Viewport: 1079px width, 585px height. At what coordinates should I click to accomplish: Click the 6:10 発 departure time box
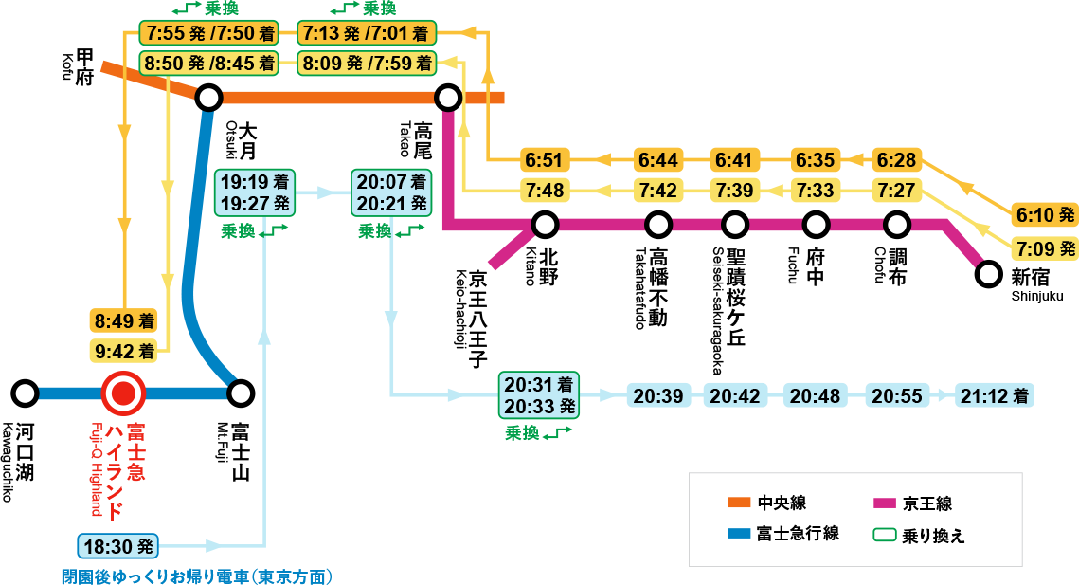[1045, 215]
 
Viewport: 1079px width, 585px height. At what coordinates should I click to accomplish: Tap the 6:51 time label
[544, 159]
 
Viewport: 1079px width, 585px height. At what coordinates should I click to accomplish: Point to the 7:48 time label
[544, 191]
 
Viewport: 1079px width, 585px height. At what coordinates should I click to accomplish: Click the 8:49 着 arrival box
[124, 320]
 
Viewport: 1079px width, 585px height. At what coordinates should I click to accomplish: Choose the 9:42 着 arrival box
[124, 351]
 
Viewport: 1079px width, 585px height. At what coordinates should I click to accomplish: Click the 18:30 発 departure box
[117, 546]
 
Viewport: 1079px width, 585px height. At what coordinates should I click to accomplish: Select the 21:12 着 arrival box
[994, 395]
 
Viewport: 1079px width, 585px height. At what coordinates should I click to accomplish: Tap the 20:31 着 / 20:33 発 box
[539, 395]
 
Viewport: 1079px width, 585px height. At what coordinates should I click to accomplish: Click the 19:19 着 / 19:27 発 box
[255, 192]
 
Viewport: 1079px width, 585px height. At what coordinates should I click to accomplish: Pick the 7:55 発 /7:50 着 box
[209, 34]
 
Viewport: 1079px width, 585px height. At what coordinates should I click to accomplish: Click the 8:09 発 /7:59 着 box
[368, 64]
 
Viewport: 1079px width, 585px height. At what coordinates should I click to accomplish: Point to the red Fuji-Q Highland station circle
[123, 393]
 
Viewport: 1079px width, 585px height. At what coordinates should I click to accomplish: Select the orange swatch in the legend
[739, 503]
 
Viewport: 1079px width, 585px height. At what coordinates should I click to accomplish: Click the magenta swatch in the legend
[884, 503]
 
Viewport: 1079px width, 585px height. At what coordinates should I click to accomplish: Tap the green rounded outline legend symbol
[884, 534]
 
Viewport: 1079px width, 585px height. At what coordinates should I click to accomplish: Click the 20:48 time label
[816, 395]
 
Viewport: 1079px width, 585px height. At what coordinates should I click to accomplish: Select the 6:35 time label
[816, 159]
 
